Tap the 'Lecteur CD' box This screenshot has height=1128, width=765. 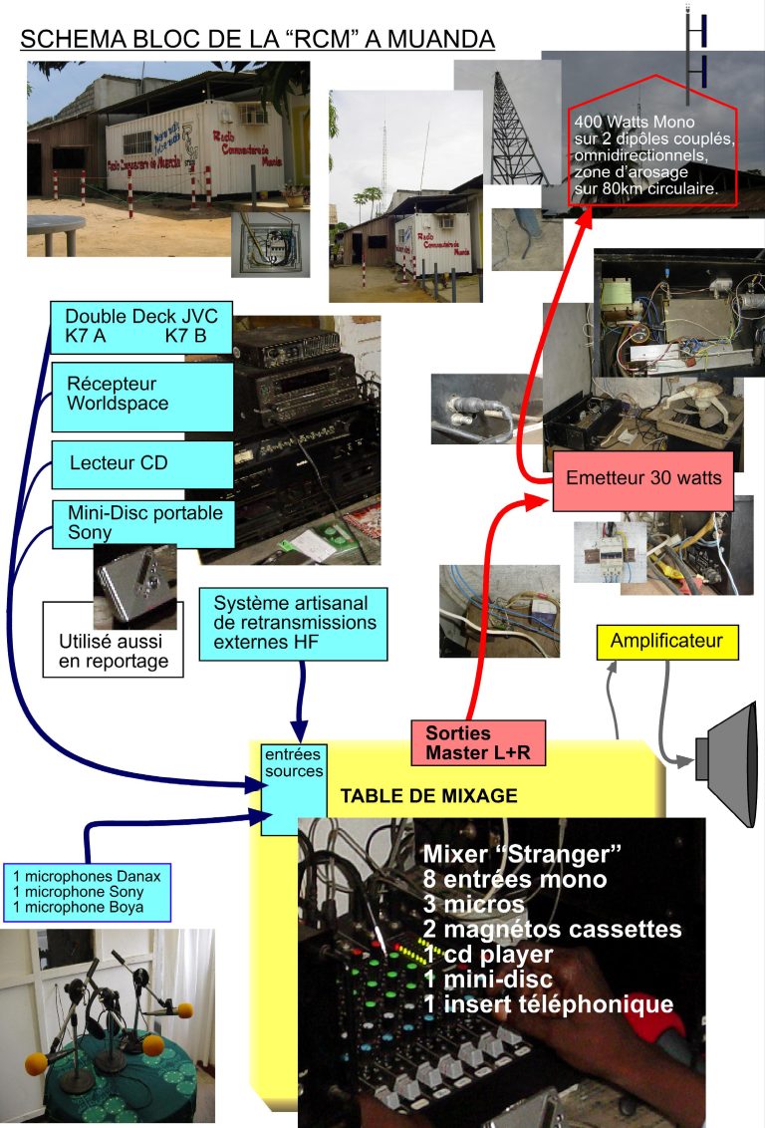[x=142, y=464]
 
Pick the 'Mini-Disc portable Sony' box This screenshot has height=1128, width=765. [x=142, y=523]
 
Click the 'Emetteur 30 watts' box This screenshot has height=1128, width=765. [x=642, y=478]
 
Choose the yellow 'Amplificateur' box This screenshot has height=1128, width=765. [x=666, y=641]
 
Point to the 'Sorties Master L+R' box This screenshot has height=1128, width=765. [x=478, y=742]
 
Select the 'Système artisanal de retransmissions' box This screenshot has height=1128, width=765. [x=294, y=623]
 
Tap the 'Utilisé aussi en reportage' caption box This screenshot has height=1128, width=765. [x=113, y=650]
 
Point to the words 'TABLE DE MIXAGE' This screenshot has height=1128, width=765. [x=428, y=796]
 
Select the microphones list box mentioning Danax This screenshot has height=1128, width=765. [x=88, y=891]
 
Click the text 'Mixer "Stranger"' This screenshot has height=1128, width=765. [x=522, y=855]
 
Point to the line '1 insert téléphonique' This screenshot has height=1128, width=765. [x=548, y=1003]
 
